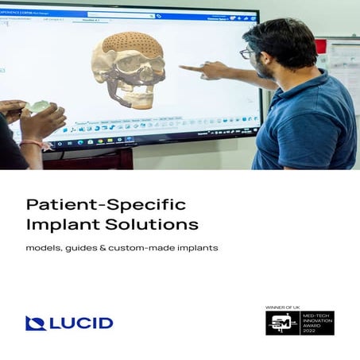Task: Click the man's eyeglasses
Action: pyautogui.click(x=247, y=53)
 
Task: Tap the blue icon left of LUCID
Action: pyautogui.click(x=34, y=323)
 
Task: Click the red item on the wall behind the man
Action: pyautogui.click(x=321, y=46)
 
